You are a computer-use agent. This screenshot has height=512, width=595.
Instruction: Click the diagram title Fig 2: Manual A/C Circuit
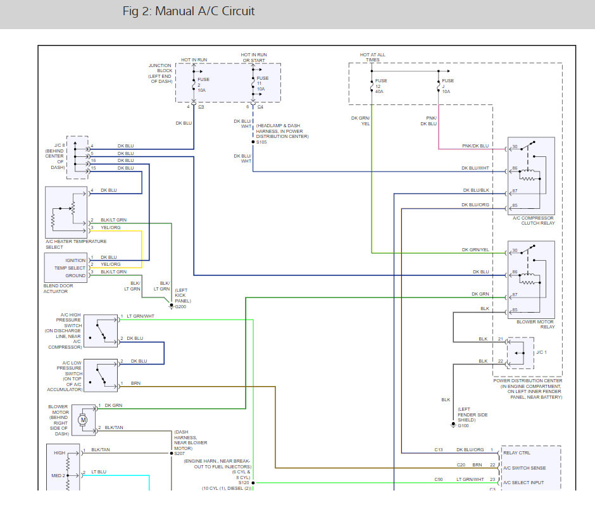pos(189,12)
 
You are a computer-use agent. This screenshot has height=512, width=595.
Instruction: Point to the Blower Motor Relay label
pos(535,324)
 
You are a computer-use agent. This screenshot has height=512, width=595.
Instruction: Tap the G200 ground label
pos(180,306)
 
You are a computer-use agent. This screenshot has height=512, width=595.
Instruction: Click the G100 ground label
pos(464,425)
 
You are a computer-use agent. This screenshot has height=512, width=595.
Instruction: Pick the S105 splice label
pos(261,142)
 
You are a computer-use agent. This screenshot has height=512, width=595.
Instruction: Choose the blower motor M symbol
pos(82,420)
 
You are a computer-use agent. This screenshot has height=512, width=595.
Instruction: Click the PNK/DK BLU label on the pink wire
pos(475,146)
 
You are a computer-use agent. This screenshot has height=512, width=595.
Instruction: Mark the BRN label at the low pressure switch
pos(135,384)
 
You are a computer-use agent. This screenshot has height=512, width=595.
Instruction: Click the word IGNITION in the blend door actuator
pos(75,260)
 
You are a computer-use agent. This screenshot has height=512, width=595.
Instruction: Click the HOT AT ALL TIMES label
pos(372,57)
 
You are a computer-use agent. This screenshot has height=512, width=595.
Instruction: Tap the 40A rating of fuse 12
pos(380,92)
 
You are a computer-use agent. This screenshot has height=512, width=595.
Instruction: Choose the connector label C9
pos(201,106)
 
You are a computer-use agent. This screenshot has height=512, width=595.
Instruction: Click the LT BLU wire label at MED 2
pos(98,472)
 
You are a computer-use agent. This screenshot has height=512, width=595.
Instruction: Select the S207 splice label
pos(180,454)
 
